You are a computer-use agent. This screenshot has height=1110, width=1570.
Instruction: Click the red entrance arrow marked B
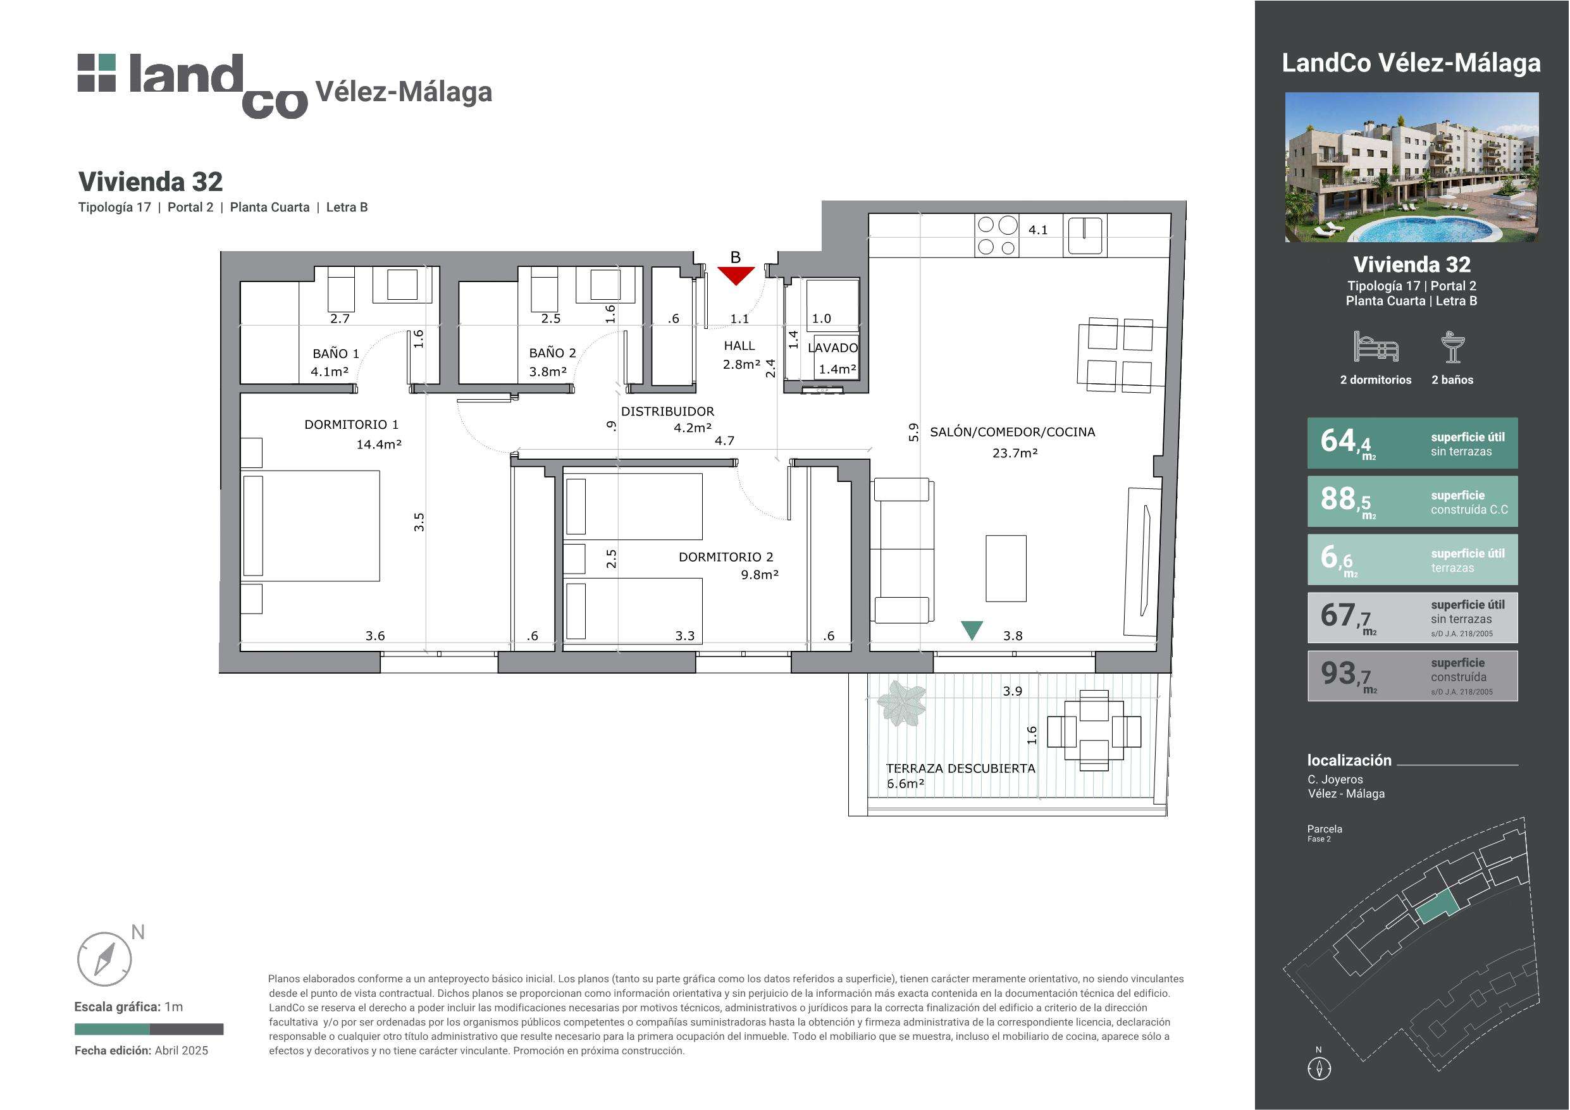736,275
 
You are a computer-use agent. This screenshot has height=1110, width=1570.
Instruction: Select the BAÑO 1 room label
336,354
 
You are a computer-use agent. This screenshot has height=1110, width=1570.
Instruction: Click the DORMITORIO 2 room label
726,557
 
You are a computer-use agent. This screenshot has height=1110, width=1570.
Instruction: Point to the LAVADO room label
832,347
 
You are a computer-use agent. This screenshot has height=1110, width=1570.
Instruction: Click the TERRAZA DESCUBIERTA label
961,768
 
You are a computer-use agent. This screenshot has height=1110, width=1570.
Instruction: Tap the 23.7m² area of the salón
1015,453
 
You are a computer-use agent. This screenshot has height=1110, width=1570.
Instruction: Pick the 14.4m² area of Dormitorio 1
379,445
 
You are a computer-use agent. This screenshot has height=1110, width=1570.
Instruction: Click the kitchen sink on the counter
1084,235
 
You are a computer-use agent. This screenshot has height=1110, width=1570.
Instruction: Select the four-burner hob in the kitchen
997,236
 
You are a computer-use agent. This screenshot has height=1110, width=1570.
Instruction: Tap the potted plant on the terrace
901,703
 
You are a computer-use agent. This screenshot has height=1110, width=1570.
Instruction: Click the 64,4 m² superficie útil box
1412,443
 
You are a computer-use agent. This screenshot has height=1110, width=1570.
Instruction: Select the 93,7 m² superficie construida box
1412,675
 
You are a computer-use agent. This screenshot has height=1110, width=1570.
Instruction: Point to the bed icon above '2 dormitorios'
1376,347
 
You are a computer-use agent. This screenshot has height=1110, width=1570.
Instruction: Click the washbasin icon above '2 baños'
1452,347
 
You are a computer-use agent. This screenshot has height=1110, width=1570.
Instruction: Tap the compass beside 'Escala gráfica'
104,958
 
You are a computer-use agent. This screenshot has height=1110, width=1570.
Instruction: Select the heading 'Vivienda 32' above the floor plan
151,182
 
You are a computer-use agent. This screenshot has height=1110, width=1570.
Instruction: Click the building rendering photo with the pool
1412,167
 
